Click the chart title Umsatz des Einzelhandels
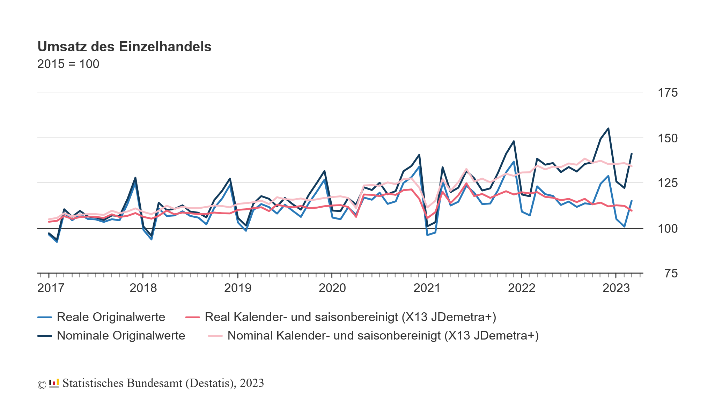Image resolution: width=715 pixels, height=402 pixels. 124,47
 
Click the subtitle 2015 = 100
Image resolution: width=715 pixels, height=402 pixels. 68,64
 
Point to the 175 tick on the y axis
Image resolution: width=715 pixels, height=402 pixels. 667,93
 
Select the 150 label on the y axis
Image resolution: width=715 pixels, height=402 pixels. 667,139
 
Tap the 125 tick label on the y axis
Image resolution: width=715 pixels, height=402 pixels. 667,183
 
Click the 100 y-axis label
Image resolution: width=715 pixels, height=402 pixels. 667,229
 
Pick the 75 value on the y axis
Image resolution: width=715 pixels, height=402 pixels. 671,274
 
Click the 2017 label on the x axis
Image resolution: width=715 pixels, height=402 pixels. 51,288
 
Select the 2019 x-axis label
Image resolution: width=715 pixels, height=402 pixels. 238,288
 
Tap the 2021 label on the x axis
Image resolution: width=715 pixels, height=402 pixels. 427,288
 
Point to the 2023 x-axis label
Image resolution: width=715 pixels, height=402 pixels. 616,288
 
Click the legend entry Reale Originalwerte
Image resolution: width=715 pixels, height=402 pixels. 111,317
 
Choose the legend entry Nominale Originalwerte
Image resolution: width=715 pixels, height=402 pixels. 121,336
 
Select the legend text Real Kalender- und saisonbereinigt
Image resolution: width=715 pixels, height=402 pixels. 350,317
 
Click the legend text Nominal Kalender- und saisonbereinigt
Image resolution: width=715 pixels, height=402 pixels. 383,336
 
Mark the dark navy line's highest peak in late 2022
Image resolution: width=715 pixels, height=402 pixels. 608,128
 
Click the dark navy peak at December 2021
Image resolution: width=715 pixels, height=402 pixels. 514,141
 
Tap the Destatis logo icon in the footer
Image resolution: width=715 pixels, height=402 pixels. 54,384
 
